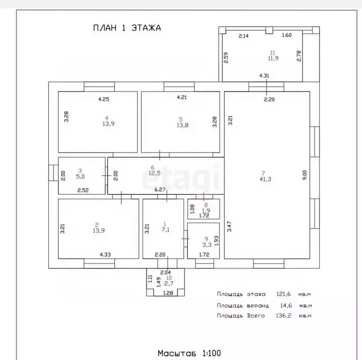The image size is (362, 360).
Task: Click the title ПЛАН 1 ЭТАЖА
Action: click(127, 28)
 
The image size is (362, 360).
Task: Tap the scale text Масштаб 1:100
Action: click(189, 353)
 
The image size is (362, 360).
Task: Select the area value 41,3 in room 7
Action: click(265, 179)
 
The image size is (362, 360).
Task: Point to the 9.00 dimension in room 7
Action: click(305, 175)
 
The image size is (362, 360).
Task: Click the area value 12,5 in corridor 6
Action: click(154, 173)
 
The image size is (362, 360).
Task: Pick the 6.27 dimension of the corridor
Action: click(160, 190)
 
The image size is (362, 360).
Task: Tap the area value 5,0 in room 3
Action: click(80, 176)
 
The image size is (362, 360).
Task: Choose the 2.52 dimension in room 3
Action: click(83, 191)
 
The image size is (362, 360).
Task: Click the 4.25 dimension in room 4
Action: click(104, 99)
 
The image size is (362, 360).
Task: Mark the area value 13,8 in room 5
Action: click(182, 125)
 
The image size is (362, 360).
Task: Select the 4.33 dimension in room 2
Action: click(105, 254)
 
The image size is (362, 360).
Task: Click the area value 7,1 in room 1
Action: click(165, 230)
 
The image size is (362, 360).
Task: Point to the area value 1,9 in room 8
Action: click(206, 210)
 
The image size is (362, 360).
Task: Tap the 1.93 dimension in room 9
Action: click(216, 240)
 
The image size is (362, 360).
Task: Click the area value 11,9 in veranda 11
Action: click(273, 58)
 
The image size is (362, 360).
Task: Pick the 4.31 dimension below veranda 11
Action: click(264, 76)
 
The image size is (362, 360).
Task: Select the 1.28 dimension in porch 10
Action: click(168, 293)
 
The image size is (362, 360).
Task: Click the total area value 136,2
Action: click(284, 315)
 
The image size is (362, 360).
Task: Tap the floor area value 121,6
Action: click(284, 294)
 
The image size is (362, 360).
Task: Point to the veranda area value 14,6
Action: click(286, 306)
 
